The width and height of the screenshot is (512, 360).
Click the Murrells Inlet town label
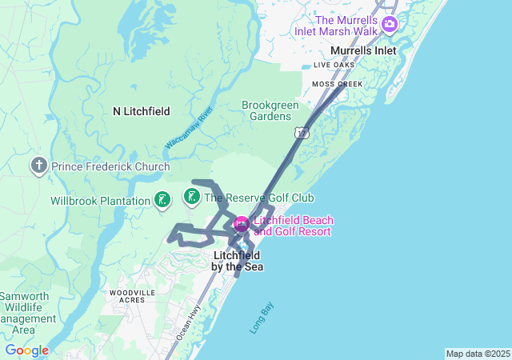point(362,50)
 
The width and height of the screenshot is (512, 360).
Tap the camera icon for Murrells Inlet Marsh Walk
point(389,25)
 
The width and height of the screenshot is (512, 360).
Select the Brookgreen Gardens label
point(266,110)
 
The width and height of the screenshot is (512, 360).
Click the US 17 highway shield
point(301,132)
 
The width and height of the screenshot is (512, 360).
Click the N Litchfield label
point(141,111)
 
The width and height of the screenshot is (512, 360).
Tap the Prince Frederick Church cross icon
point(38,166)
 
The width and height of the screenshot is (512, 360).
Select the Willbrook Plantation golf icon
point(162,200)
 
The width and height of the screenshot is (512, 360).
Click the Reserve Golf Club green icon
point(192,197)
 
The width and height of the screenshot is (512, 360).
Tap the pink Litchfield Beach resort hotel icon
point(242,223)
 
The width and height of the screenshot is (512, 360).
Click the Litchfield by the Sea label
point(238,261)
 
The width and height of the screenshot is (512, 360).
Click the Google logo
point(26,350)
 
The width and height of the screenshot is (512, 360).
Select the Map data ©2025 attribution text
point(478,354)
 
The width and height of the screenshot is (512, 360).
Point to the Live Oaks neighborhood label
point(334,65)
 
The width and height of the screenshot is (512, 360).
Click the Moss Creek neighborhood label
point(337,84)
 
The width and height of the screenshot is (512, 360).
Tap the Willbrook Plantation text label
point(100,201)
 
